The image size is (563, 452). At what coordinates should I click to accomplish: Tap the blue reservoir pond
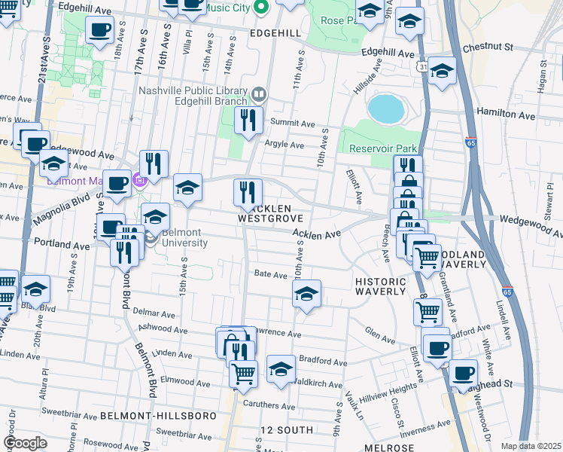[386, 108]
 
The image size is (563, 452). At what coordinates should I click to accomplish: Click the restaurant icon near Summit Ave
[248, 119]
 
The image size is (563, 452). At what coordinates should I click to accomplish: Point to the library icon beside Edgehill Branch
[259, 94]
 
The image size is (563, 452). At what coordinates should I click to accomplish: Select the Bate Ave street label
[271, 273]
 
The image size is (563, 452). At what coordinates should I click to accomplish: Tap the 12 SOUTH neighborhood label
[286, 429]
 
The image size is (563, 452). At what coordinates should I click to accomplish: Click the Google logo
[25, 443]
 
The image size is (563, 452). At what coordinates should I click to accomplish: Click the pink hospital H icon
[138, 180]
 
